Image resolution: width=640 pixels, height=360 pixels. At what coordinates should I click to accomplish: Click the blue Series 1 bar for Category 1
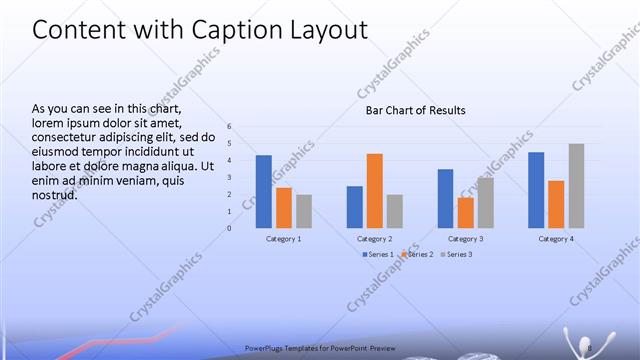tap(264, 191)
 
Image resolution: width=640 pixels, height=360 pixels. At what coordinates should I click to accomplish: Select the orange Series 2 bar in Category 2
tap(374, 190)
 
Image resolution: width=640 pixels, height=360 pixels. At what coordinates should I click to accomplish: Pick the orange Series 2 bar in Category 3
tap(465, 212)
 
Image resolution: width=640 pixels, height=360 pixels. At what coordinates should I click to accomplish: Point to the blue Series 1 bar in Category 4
tap(536, 190)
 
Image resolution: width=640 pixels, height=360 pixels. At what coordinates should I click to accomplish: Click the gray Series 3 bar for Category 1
tap(304, 211)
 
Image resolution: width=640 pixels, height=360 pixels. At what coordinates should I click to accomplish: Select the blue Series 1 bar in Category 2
tap(355, 206)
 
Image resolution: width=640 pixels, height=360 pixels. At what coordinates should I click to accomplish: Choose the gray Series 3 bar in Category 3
tap(485, 202)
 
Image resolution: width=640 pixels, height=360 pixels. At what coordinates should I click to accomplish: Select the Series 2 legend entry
tap(417, 255)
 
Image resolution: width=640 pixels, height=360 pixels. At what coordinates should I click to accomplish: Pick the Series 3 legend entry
tap(455, 255)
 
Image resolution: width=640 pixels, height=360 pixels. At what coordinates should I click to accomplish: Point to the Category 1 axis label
tap(284, 239)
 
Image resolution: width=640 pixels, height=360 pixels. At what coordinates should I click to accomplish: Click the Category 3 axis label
tap(465, 239)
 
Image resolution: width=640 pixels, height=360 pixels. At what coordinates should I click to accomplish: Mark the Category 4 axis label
tap(556, 239)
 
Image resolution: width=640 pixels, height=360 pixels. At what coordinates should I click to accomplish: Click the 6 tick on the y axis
tap(229, 127)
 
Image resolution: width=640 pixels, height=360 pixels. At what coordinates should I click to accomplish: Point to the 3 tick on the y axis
tap(229, 177)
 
